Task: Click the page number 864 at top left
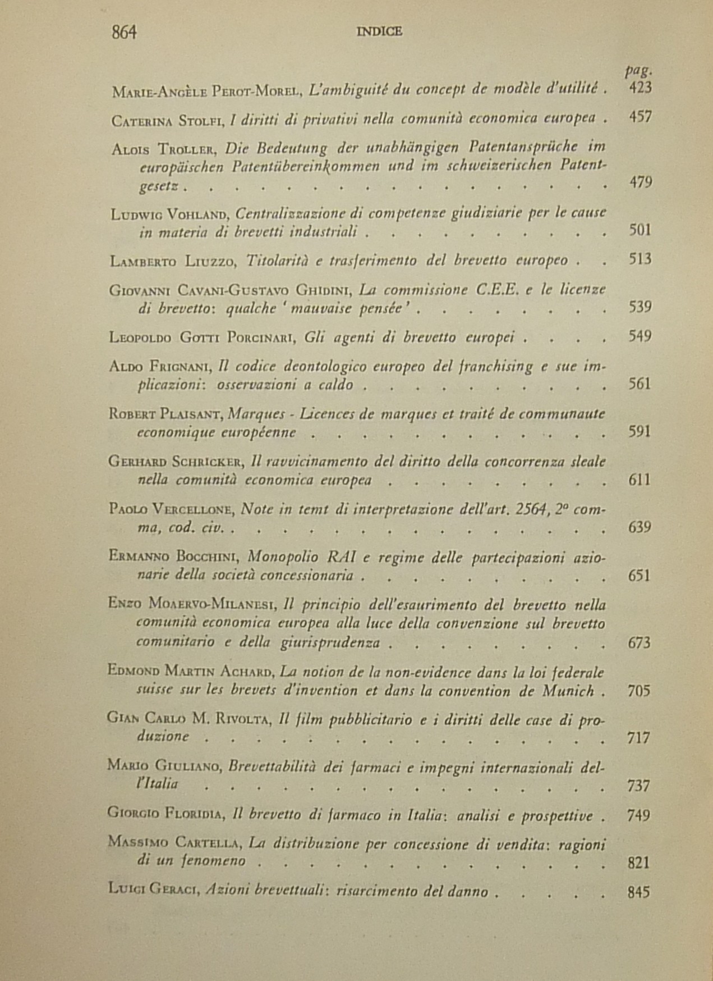click(x=124, y=33)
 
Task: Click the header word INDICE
click(x=379, y=32)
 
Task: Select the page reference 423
click(x=640, y=88)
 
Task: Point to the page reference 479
click(x=640, y=182)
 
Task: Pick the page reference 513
click(x=640, y=259)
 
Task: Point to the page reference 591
click(x=640, y=432)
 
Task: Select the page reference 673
click(x=640, y=642)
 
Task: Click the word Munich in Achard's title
click(x=568, y=691)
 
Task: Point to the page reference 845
click(x=639, y=892)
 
